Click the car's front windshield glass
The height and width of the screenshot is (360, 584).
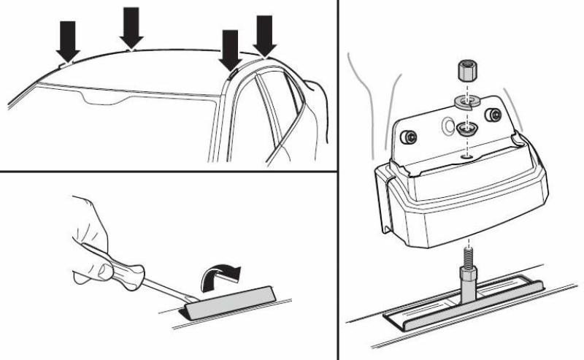pyautogui.click(x=124, y=124)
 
